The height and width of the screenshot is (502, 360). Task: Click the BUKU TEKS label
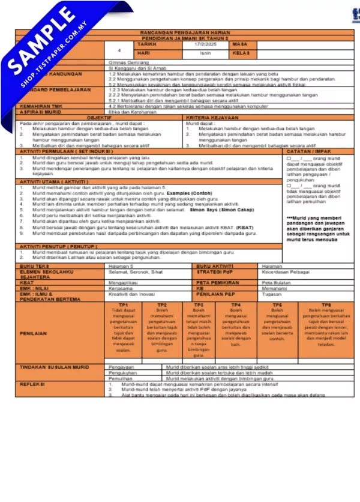(x=34, y=265)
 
